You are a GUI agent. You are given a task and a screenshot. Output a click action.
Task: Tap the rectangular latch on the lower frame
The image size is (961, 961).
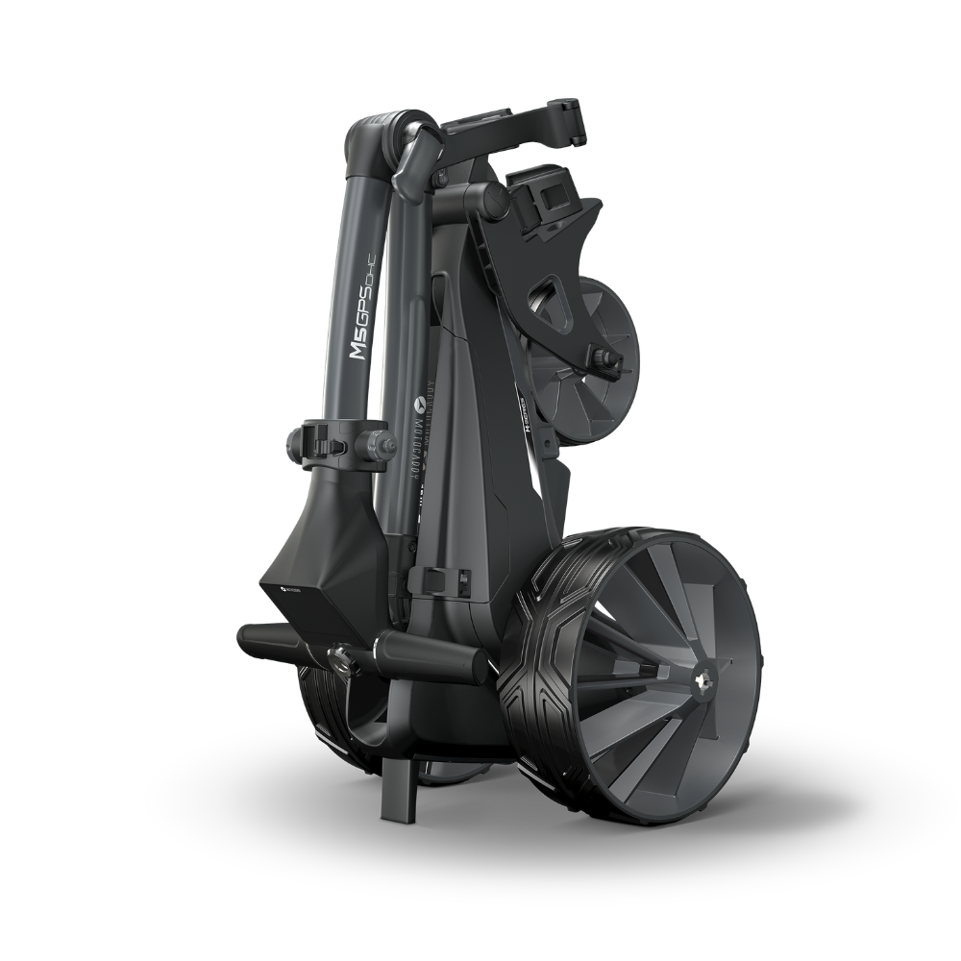(429, 580)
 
